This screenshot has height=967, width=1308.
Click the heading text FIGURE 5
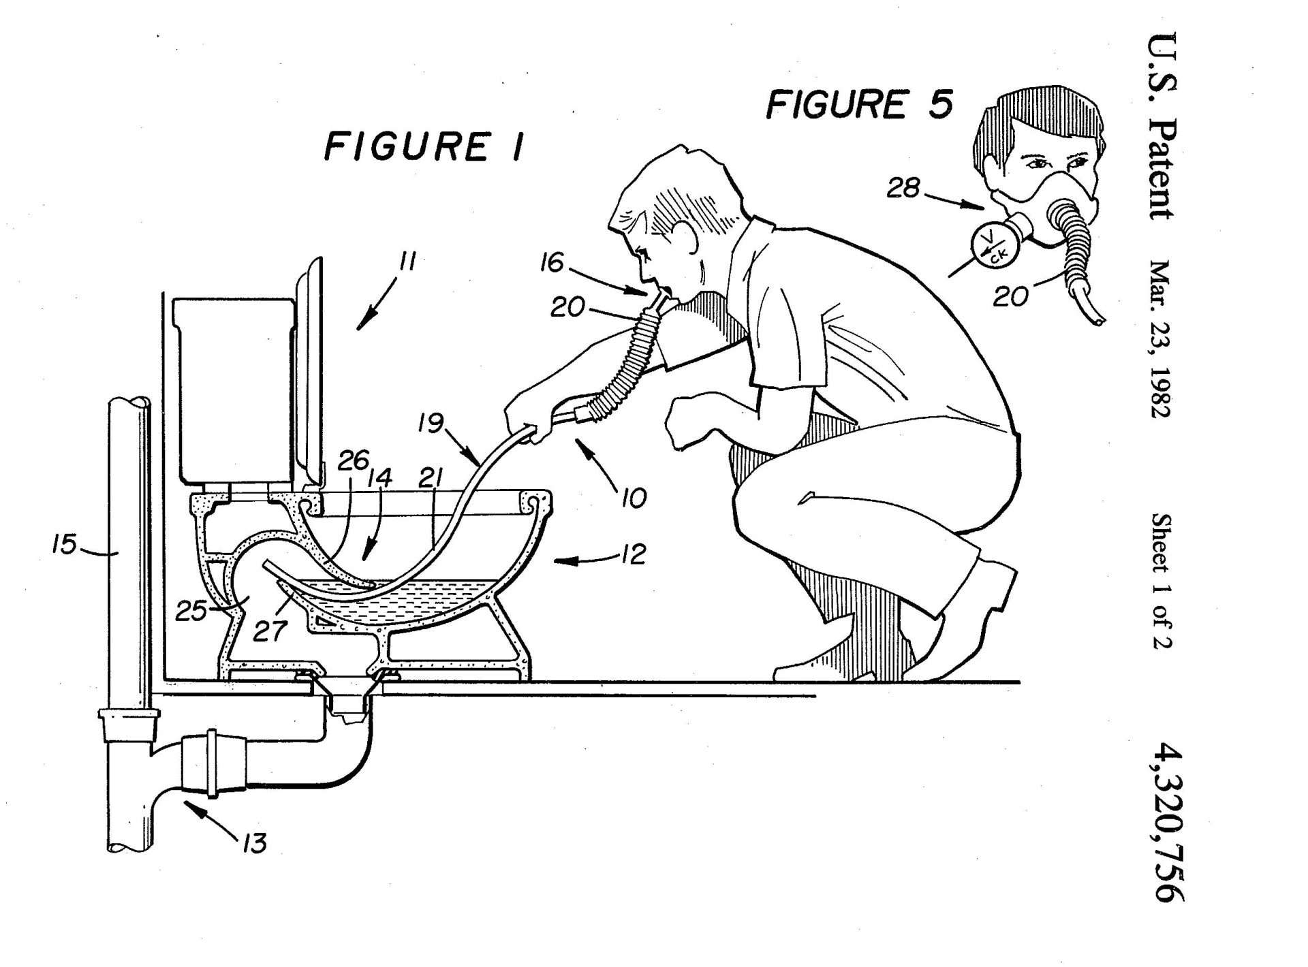click(860, 104)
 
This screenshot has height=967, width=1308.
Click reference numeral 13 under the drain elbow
click(253, 843)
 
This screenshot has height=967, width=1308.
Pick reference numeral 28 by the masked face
click(903, 187)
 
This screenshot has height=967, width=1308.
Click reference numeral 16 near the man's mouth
click(552, 262)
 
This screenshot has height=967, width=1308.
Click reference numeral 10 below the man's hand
click(633, 498)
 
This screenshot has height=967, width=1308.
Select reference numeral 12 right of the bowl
click(634, 554)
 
